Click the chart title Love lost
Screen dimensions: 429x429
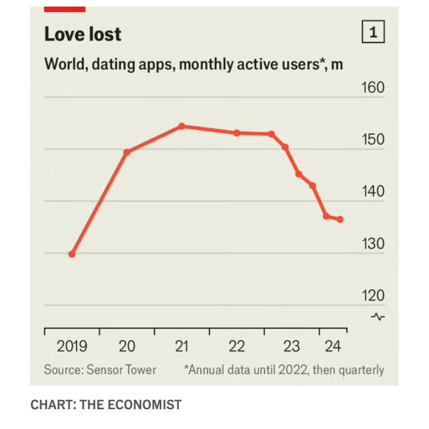tap(83, 35)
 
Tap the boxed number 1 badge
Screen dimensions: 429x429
tap(374, 33)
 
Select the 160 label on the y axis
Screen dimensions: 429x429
tap(373, 88)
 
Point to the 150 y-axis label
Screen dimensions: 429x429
tap(373, 140)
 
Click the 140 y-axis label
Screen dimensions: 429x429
tap(373, 192)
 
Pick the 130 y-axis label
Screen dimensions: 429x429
tap(373, 244)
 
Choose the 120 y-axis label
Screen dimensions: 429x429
tap(373, 296)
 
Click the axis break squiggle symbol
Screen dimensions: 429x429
tap(378, 317)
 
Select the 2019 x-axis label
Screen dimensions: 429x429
tap(72, 347)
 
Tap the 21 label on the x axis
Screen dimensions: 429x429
tap(182, 347)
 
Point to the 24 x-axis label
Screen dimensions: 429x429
tap(333, 347)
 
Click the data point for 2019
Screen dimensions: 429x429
tap(72, 254)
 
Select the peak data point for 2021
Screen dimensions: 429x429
tap(182, 126)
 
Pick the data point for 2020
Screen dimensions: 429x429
tap(127, 152)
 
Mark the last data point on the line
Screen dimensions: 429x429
tap(340, 219)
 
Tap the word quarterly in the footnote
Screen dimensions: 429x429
tap(359, 370)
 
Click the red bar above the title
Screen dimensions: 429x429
tap(65, 9)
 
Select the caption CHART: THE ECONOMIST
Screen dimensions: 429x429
tap(106, 405)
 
